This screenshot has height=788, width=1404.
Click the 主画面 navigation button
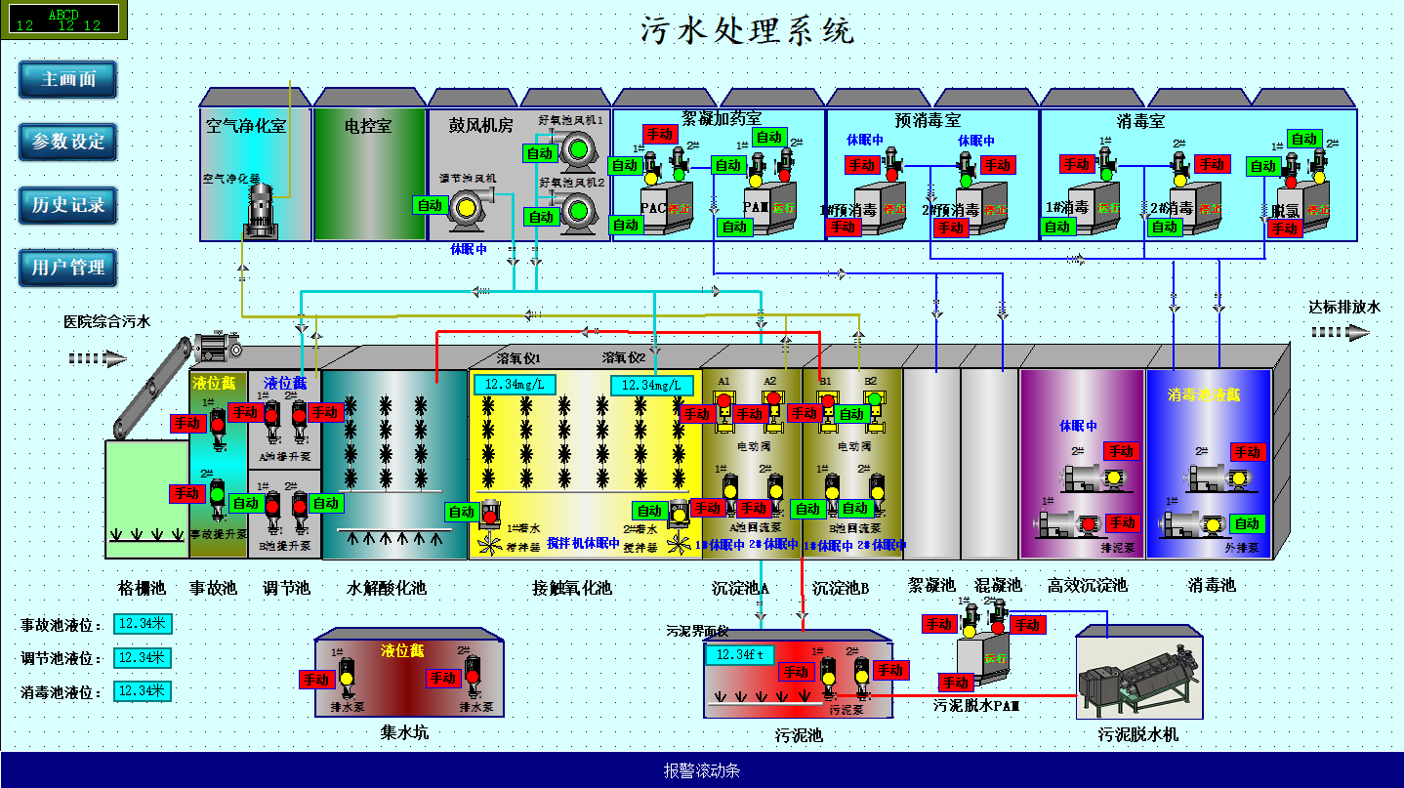[x=67, y=80]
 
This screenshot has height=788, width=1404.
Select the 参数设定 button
[x=67, y=142]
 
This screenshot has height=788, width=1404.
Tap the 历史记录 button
[x=67, y=205]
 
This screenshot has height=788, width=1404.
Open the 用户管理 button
[x=67, y=268]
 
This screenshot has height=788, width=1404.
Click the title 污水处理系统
[x=747, y=30]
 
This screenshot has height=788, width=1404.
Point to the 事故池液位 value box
[x=143, y=624]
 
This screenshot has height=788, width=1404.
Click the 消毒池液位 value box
[x=143, y=691]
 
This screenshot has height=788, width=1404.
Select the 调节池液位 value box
[x=143, y=657]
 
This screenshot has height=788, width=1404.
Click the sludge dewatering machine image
[x=1140, y=676]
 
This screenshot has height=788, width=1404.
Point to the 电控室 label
[x=369, y=126]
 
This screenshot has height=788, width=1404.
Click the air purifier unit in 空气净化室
[x=261, y=210]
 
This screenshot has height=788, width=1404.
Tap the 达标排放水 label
[x=1344, y=308]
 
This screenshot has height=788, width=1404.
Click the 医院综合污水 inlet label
[x=107, y=321]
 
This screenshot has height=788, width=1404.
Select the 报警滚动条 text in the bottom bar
[x=702, y=770]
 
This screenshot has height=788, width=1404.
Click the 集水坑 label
[x=404, y=732]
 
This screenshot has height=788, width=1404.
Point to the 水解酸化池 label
[x=387, y=588]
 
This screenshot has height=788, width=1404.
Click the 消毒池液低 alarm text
[x=1204, y=394]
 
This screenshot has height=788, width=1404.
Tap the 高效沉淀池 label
[x=1088, y=586]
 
